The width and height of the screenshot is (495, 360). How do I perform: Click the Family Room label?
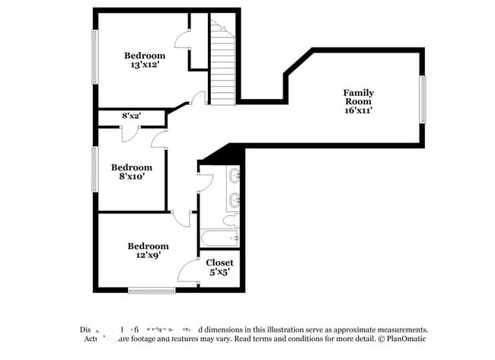tap(358, 97)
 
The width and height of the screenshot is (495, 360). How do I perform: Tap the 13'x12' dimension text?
tap(145, 65)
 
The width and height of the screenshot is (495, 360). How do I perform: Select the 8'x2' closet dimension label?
tap(132, 116)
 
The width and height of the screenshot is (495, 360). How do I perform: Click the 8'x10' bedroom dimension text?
tap(132, 177)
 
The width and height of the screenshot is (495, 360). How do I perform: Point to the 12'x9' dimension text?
tap(148, 256)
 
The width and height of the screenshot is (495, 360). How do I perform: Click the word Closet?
tap(219, 263)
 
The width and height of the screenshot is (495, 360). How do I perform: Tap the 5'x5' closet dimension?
tap(219, 272)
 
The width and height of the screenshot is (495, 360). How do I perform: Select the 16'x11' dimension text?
tap(358, 110)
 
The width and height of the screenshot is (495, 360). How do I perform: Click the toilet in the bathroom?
tap(229, 220)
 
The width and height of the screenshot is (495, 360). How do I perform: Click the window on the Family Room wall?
tap(423, 99)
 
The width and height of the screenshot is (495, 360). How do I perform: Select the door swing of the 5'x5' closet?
tap(188, 272)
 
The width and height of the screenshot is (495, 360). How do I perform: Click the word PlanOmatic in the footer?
tap(407, 338)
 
